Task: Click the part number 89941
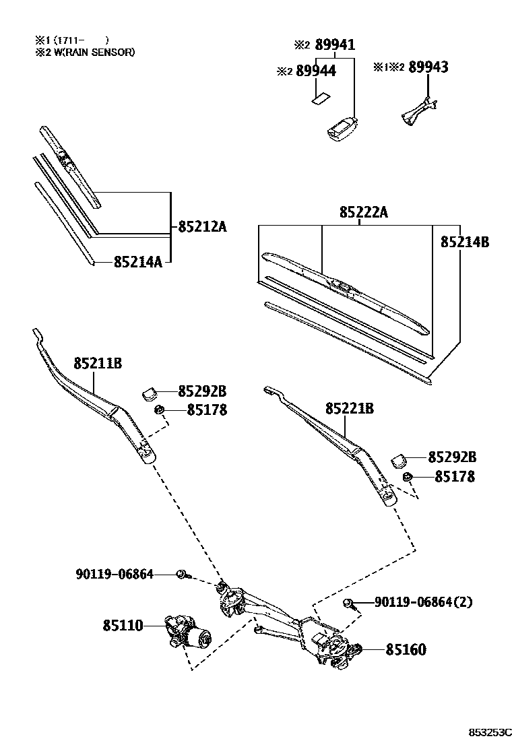click(x=335, y=45)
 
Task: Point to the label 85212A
click(x=202, y=227)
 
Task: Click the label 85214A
click(x=137, y=262)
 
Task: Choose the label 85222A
click(x=364, y=213)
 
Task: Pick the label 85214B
click(x=465, y=242)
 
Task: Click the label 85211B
click(x=97, y=364)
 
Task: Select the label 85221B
click(x=349, y=408)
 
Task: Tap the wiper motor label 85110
click(x=123, y=626)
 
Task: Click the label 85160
click(x=406, y=650)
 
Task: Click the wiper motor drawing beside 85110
click(x=188, y=632)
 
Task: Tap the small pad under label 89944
click(x=319, y=99)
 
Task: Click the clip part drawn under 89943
click(x=418, y=110)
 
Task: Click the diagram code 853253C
click(x=491, y=732)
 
